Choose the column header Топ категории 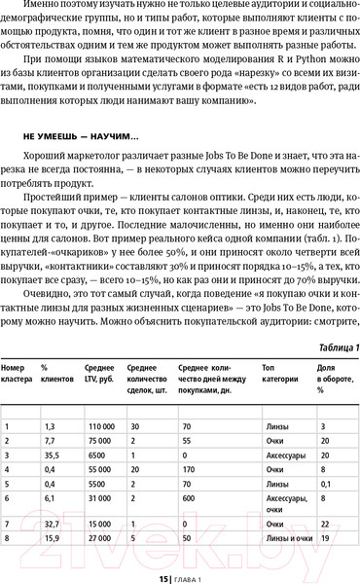tap(278, 374)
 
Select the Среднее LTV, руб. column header tap(101, 374)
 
